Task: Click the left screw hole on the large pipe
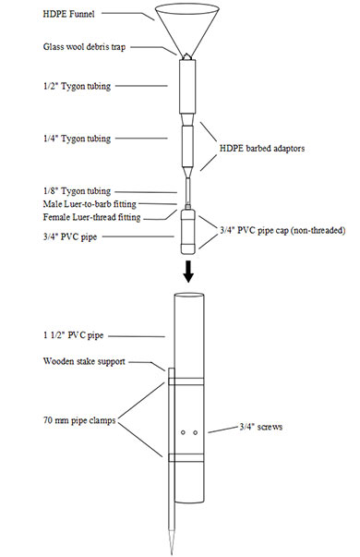click(x=183, y=431)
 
